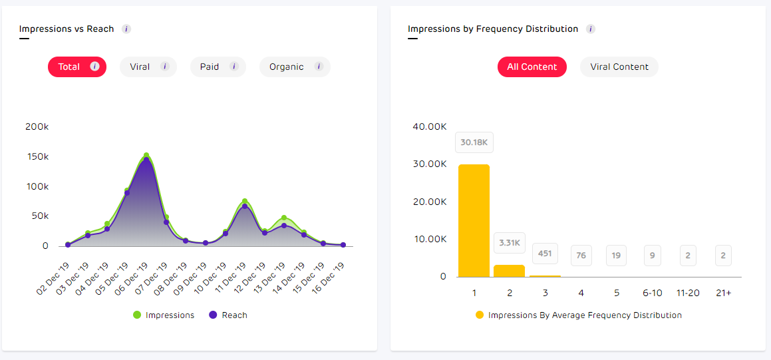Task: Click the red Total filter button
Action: [77, 67]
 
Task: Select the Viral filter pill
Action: [148, 67]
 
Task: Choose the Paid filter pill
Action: [218, 67]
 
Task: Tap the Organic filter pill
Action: [294, 67]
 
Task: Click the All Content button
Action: [532, 67]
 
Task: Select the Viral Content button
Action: [619, 67]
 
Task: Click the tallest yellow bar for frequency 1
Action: [474, 220]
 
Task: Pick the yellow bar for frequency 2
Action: [509, 271]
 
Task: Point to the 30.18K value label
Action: [474, 142]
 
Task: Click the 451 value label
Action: [545, 253]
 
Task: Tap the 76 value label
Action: [581, 255]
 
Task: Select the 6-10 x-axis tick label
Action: [652, 293]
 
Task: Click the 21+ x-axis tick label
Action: [723, 293]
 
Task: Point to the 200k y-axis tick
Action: [37, 126]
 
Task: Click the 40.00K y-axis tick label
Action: [429, 126]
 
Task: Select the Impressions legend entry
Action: [164, 315]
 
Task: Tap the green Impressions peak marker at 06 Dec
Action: [146, 156]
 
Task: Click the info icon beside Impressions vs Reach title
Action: [126, 29]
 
